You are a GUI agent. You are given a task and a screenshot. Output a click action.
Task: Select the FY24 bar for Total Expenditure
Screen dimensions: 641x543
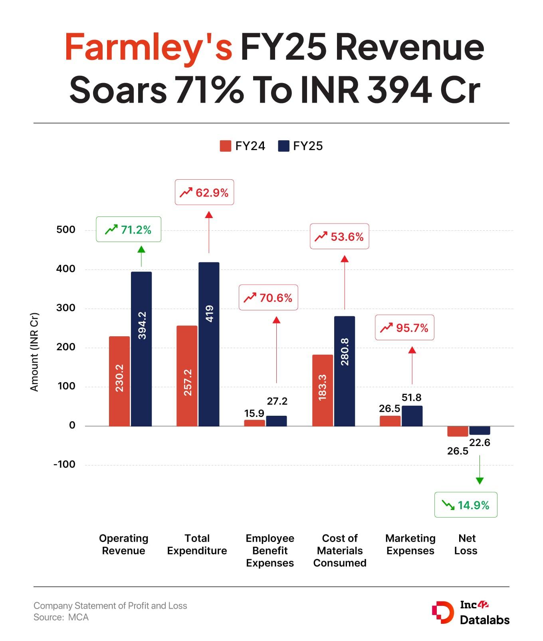(x=187, y=376)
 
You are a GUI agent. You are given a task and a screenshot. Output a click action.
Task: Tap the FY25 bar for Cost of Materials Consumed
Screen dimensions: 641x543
(x=345, y=371)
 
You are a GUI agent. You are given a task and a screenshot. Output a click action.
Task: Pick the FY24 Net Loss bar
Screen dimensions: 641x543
(x=458, y=431)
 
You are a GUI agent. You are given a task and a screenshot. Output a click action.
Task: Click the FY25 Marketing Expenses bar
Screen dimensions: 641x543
(x=412, y=416)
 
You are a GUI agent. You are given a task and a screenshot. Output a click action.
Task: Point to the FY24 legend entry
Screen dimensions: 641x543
(x=242, y=146)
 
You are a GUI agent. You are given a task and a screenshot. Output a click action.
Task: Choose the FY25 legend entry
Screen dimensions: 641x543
(x=300, y=146)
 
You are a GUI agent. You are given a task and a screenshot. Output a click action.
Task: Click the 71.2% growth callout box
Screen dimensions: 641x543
(x=129, y=229)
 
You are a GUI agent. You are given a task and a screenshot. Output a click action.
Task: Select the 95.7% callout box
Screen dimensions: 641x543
(x=404, y=328)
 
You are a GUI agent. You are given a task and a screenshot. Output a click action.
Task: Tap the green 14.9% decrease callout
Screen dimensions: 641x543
(x=466, y=505)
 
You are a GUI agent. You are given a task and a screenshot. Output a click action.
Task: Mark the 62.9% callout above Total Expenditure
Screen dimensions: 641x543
(x=204, y=192)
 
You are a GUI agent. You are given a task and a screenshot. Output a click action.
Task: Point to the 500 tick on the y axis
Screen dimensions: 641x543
(x=66, y=230)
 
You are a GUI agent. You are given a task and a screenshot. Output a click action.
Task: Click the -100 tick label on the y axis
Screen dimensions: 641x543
(x=64, y=464)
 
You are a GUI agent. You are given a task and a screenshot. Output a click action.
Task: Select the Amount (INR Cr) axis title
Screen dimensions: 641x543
(x=34, y=352)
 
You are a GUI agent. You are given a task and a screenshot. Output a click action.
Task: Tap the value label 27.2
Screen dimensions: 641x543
(x=277, y=401)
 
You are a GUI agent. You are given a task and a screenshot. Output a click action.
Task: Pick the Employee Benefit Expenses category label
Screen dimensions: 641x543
(x=270, y=550)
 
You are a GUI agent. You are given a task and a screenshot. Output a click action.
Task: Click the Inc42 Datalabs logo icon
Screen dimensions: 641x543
(x=442, y=612)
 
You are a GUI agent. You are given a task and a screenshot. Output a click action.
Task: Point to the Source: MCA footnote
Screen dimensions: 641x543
(x=61, y=617)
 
